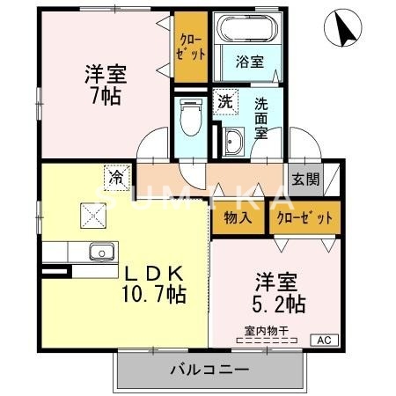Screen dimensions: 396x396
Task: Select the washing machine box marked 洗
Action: [225, 101]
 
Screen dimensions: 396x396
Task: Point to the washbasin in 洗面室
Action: [236, 141]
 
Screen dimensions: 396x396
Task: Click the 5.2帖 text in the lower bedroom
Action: [280, 304]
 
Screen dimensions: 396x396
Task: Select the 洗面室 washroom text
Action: [261, 118]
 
